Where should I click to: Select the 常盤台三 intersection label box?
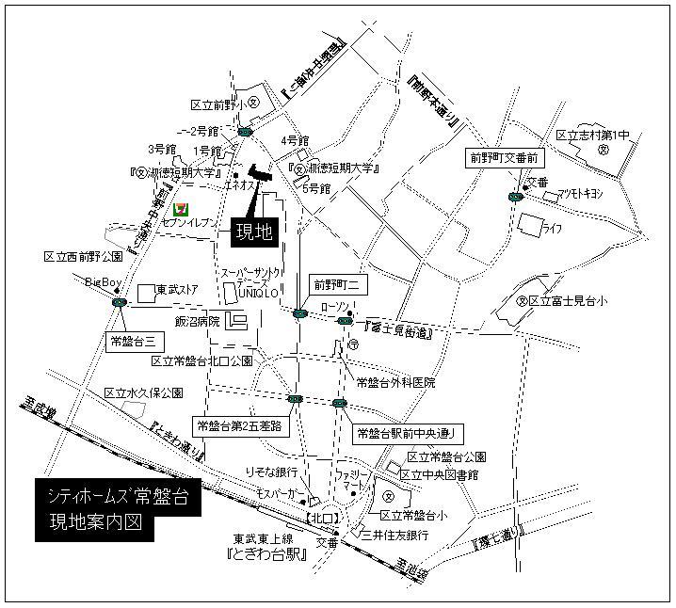131,338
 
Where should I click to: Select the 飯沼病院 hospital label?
200,321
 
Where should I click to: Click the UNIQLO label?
253,293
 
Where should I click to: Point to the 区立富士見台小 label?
568,301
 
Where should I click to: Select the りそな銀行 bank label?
271,472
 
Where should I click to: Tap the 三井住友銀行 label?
388,535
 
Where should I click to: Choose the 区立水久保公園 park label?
143,392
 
